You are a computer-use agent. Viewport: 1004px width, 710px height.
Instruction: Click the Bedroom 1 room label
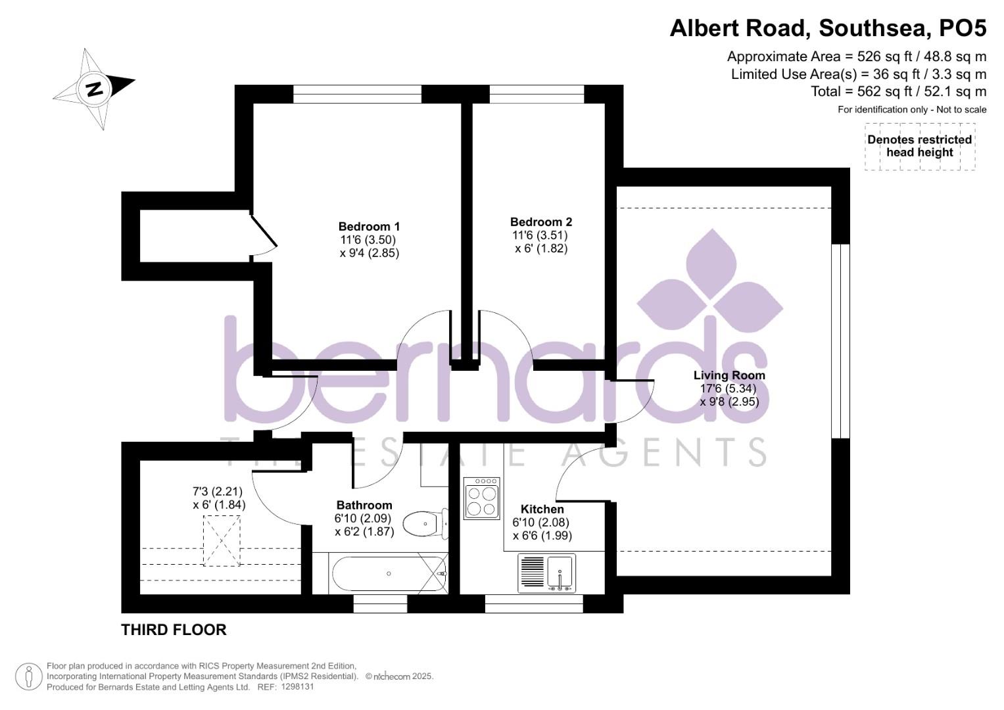369,226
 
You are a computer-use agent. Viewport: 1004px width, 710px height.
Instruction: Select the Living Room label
729,375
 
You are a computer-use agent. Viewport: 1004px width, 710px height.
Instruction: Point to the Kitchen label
542,509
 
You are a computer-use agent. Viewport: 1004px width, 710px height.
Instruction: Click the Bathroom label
364,505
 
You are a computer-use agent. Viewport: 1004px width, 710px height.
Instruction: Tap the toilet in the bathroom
424,524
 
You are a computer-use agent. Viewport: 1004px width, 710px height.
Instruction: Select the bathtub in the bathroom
388,574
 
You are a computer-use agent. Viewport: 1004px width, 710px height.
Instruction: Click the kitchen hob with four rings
481,498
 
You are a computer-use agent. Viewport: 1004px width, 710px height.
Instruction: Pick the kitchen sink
546,573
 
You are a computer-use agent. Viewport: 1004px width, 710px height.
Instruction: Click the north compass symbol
95,88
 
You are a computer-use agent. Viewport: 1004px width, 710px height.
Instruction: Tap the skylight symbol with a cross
222,540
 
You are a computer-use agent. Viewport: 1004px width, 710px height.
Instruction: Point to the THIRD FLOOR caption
174,630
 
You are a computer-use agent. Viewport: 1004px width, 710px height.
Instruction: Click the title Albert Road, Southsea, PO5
828,28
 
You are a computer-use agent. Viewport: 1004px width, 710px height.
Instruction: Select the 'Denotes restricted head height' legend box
919,146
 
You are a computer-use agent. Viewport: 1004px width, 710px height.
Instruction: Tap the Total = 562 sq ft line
899,92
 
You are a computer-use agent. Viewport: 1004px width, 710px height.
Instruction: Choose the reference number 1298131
297,687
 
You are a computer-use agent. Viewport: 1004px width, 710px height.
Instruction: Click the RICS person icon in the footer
28,676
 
